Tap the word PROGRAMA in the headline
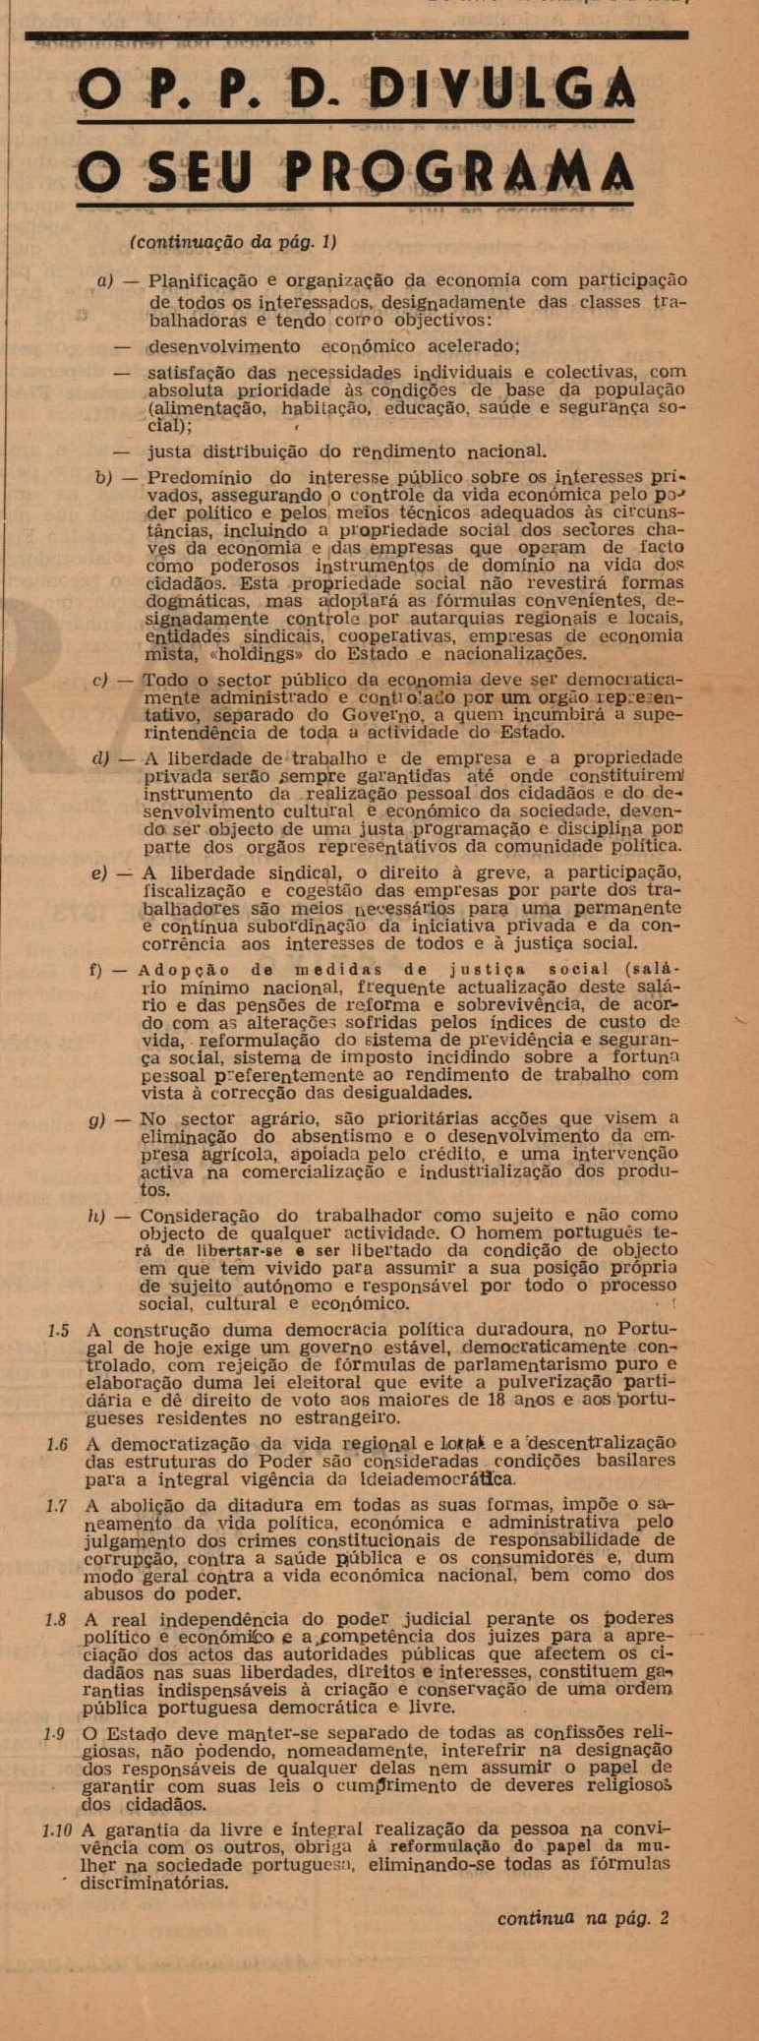point(459,173)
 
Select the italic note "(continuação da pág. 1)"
point(233,242)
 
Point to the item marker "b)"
point(103,478)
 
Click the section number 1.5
point(58,1331)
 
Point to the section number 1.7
point(57,1505)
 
